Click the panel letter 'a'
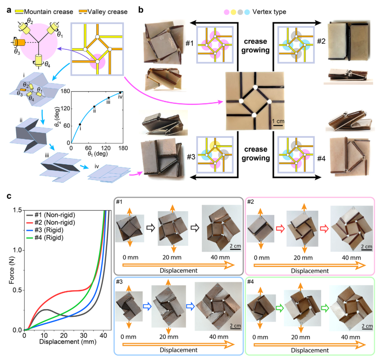9,10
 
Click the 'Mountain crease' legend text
48,12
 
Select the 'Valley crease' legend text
107,12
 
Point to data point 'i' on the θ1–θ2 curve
80,124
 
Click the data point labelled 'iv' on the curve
120,93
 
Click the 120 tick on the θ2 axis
65,108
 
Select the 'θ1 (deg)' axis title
98,153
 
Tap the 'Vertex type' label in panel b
269,12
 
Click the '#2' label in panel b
321,41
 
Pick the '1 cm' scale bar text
278,121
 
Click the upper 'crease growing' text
255,45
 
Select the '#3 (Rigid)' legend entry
49,230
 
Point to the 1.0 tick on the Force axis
18,250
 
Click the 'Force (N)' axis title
11,270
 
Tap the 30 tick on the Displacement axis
84,335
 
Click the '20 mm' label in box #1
172,257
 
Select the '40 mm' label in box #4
350,337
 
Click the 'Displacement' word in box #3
179,350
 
